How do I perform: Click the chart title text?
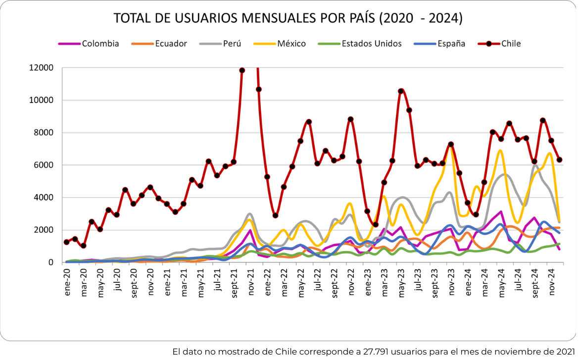(288, 18)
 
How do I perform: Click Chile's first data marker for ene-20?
(67, 242)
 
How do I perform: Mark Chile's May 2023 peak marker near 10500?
(401, 91)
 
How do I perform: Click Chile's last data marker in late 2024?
(560, 160)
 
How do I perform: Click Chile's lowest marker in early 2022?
(276, 215)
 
